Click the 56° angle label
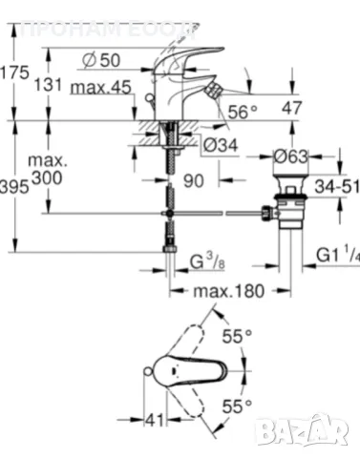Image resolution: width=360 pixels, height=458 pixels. [x=244, y=112]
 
